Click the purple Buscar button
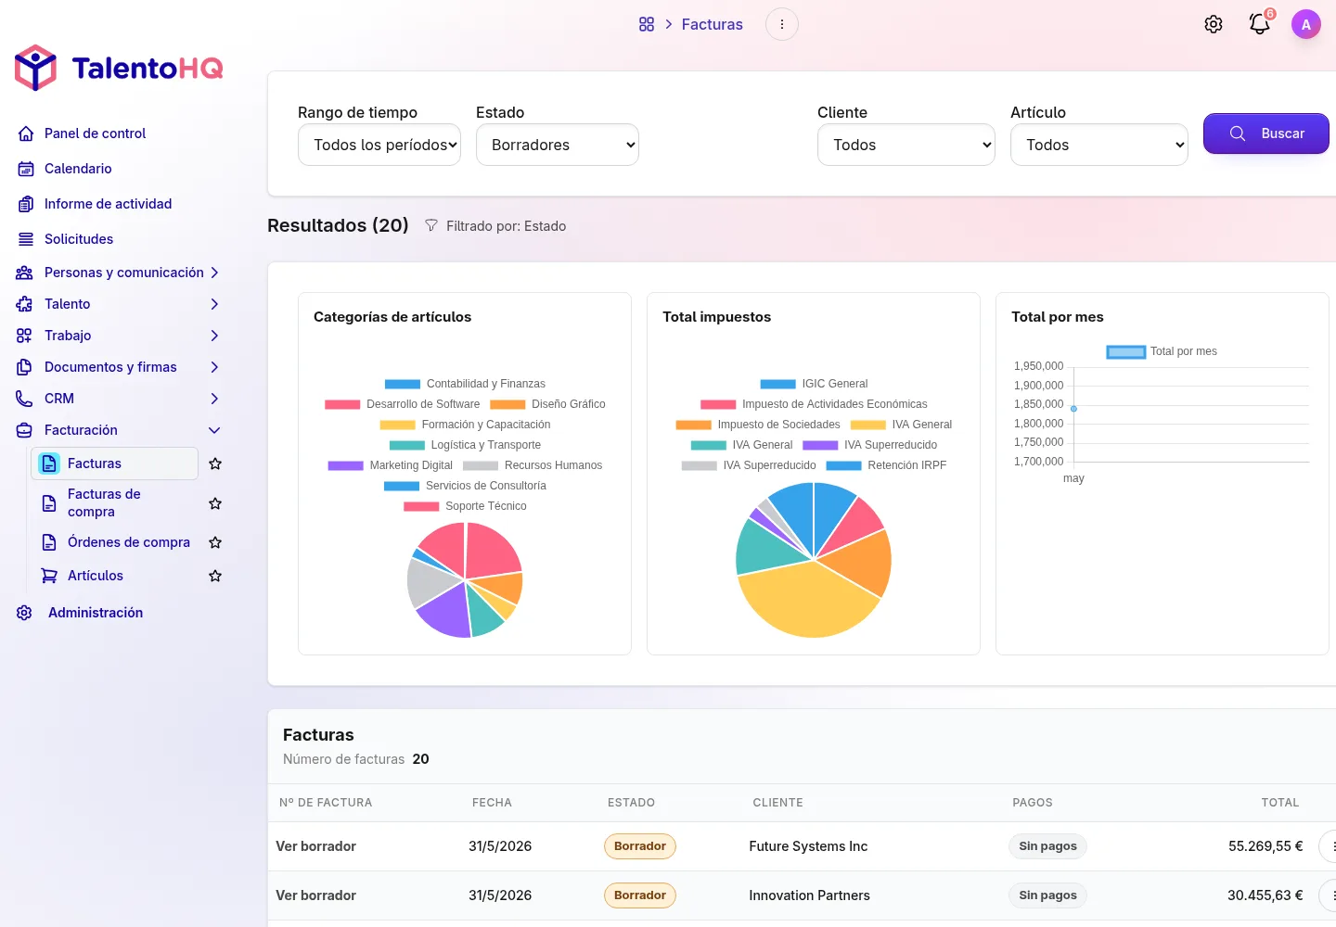point(1265,133)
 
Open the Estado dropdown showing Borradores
point(557,145)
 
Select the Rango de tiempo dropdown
point(379,145)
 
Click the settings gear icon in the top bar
point(1214,24)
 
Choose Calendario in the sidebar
point(78,169)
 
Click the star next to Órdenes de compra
point(215,542)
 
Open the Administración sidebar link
point(96,613)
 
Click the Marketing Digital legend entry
point(390,465)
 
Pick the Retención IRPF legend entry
point(886,465)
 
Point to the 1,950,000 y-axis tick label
point(1038,366)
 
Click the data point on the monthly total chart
point(1073,409)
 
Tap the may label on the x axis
point(1073,478)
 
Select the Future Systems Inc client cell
point(807,846)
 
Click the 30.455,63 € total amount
point(1265,895)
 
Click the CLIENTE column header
point(777,803)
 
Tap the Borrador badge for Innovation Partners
point(639,895)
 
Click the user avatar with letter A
point(1305,24)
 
